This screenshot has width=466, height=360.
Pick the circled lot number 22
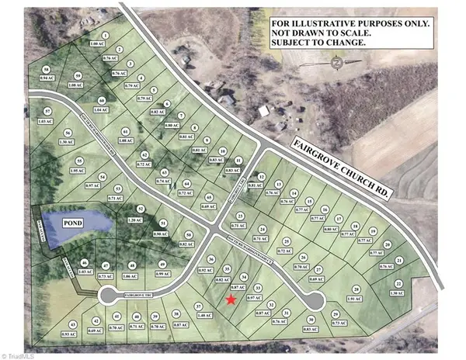tap(398, 284)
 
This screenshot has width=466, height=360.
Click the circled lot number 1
tap(105, 36)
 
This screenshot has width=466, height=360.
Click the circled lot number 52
tap(140, 209)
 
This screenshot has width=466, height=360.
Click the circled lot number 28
tap(355, 288)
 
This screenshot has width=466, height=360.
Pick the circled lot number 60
tap(102, 101)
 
